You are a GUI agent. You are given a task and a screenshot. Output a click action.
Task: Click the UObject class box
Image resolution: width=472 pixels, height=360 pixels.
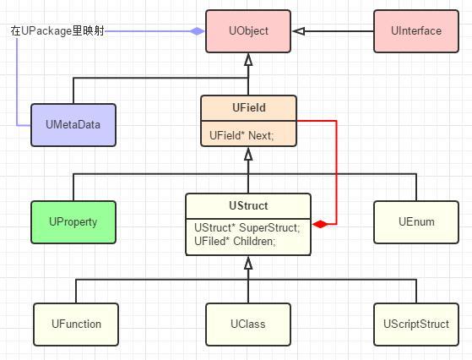248,31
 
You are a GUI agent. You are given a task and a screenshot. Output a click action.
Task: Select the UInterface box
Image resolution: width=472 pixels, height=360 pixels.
415,31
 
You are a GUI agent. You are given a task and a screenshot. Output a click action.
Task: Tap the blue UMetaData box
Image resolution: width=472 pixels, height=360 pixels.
73,125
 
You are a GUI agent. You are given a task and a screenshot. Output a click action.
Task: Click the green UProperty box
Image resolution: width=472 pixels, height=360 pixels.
73,221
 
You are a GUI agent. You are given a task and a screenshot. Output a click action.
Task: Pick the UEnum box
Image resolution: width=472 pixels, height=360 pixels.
415,221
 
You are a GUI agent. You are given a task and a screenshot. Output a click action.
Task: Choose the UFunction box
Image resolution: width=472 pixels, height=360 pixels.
76,324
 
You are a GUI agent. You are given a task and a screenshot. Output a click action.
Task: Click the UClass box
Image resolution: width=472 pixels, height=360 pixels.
248,324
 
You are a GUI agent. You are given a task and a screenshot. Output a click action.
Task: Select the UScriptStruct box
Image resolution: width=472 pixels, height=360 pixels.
415,324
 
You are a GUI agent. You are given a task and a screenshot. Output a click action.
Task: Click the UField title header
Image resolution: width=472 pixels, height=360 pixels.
248,108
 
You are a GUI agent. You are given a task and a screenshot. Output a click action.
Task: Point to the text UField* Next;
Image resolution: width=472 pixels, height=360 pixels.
241,134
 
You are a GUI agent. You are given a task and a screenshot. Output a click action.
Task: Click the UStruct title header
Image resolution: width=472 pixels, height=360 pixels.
248,205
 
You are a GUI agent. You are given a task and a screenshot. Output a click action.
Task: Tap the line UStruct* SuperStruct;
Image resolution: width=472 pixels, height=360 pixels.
247,228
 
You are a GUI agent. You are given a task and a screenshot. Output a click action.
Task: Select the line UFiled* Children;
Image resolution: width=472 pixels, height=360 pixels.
235,241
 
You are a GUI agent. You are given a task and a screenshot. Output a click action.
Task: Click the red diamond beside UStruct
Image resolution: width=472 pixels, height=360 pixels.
320,224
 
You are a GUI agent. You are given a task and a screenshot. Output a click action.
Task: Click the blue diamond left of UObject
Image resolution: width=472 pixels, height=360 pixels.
197,31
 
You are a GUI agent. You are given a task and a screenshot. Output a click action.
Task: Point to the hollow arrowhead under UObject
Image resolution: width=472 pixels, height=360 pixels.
248,60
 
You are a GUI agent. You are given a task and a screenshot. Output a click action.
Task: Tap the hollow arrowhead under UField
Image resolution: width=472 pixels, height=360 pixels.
248,153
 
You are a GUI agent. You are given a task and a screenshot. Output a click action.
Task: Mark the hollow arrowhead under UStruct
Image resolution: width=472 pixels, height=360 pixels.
248,263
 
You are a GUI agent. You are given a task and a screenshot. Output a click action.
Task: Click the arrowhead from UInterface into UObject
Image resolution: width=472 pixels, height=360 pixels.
298,31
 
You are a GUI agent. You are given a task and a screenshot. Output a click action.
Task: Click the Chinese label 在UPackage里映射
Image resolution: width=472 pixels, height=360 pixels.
57,31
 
